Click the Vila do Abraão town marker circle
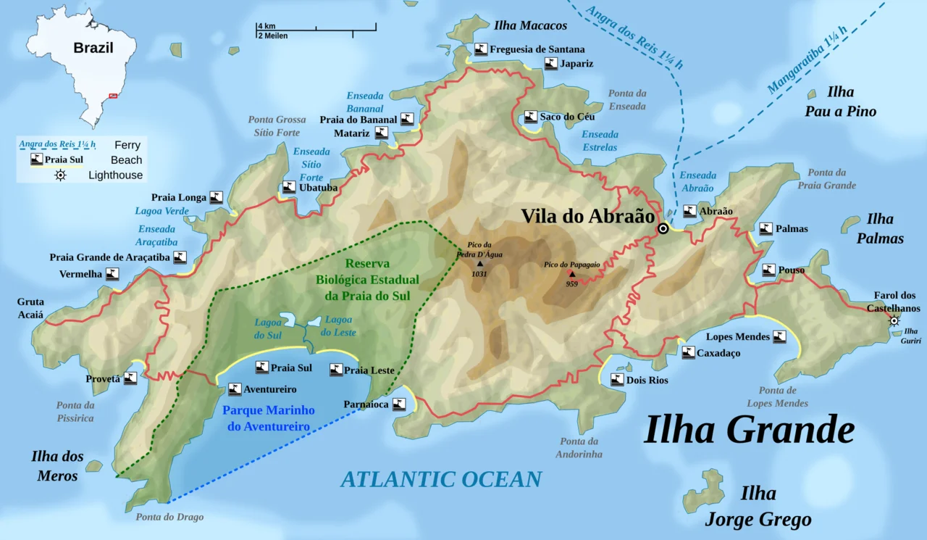663,229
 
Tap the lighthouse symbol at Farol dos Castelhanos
894,321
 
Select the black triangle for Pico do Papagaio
572,274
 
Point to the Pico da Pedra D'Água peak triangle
479,264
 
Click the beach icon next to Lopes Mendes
779,336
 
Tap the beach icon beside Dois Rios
617,379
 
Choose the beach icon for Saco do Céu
532,117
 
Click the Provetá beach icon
130,378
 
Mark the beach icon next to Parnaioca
399,404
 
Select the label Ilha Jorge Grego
758,507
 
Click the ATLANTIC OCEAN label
441,479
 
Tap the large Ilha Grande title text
749,429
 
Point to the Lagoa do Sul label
268,328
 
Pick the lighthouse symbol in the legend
60,175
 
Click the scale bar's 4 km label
266,26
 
